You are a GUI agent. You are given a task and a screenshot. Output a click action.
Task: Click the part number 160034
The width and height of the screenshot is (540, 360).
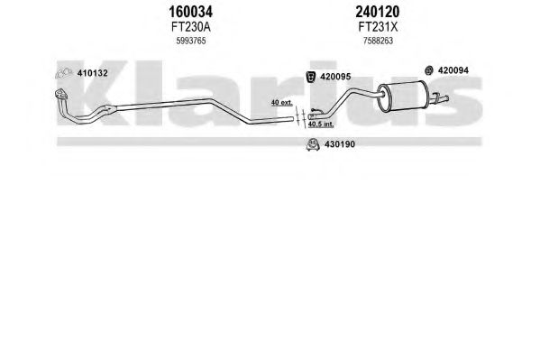[x=190, y=12]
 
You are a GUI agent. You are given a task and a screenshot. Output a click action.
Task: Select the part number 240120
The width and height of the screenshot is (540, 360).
[x=378, y=12]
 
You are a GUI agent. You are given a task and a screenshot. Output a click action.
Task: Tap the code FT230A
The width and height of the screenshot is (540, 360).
[x=190, y=27]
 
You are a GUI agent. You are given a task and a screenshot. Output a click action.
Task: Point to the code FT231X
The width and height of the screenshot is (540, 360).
[x=378, y=27]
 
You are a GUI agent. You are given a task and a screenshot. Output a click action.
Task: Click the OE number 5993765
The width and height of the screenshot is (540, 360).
[x=191, y=41]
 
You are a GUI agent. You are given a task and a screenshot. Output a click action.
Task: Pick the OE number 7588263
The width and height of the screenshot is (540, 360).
[x=378, y=41]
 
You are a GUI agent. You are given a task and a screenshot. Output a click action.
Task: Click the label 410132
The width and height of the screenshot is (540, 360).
[x=92, y=73]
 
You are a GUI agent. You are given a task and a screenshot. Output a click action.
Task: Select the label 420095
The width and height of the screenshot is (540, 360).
[x=335, y=77]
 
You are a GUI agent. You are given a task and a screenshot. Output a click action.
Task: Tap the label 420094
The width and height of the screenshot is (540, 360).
[x=453, y=70]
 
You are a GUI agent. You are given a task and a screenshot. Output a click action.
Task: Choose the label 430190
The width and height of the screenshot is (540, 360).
[x=340, y=144]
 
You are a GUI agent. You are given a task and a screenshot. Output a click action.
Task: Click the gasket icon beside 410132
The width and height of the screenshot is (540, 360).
[x=64, y=73]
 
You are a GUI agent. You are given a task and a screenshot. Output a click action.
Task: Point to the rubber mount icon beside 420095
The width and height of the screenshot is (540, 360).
[x=311, y=77]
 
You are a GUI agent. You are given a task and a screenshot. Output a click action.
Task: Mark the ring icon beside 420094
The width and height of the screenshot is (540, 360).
[x=429, y=70]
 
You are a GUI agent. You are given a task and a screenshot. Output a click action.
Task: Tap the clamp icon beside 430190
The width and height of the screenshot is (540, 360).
[x=313, y=145]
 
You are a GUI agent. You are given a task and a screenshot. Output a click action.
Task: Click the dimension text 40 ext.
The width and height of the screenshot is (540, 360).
[x=281, y=103]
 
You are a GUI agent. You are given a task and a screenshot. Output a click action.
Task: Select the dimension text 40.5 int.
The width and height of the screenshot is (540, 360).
[x=321, y=124]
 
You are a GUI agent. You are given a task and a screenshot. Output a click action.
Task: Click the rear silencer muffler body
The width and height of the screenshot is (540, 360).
[x=403, y=96]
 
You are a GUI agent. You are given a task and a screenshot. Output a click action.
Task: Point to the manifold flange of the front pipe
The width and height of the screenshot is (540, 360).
[x=61, y=94]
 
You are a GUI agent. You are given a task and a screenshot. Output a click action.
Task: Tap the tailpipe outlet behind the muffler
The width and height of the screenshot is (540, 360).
[x=440, y=98]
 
